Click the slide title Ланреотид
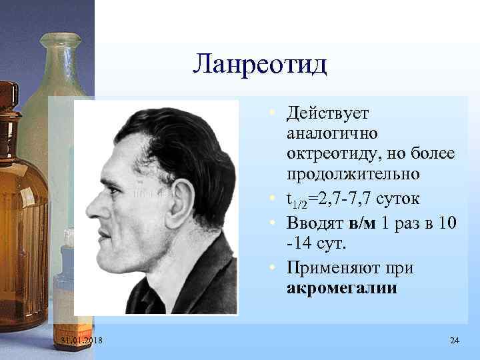pyautogui.click(x=259, y=64)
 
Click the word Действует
pyautogui.click(x=331, y=113)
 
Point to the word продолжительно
pyautogui.click(x=353, y=174)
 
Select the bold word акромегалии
pyautogui.click(x=341, y=289)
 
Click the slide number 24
pyautogui.click(x=455, y=341)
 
